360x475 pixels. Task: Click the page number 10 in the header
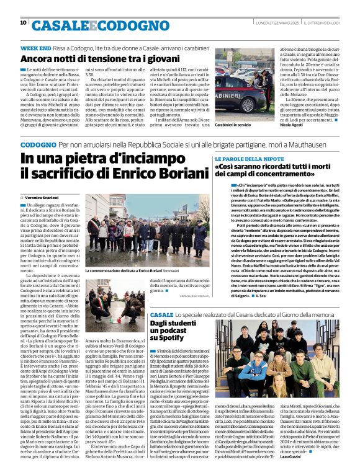pyautogui.click(x=23, y=23)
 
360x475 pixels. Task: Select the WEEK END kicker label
pyautogui.click(x=36, y=48)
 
